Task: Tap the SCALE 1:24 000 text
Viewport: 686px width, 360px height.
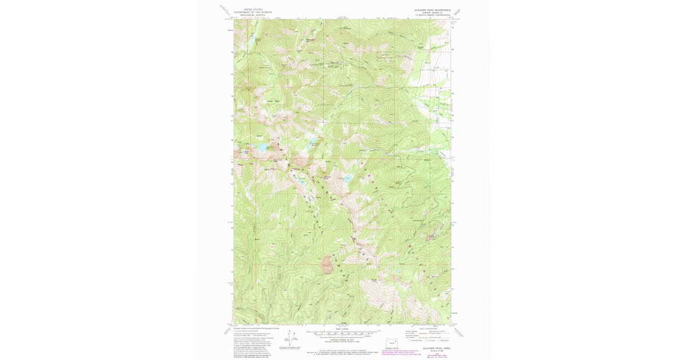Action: click(x=342, y=328)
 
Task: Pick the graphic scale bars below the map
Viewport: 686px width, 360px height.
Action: click(x=342, y=333)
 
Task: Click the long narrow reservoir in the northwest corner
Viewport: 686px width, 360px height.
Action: click(x=249, y=42)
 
